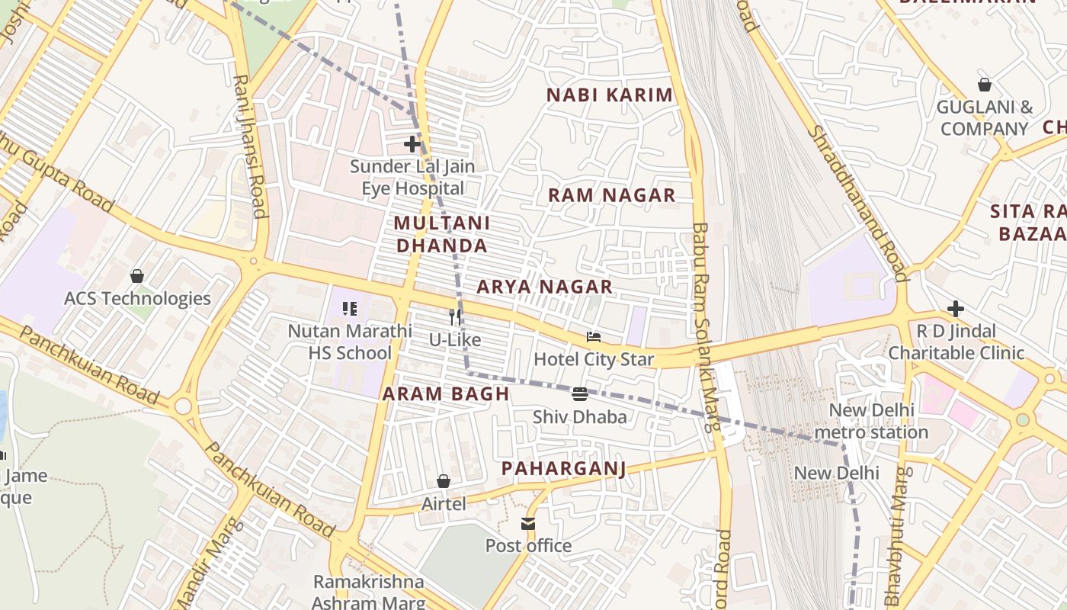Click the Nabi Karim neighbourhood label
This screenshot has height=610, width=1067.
click(x=610, y=95)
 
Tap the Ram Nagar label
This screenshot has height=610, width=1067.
click(x=612, y=195)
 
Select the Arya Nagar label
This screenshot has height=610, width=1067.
click(x=544, y=287)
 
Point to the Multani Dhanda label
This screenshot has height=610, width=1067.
click(x=441, y=234)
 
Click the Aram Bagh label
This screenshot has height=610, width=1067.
click(x=446, y=394)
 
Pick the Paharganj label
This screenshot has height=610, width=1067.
click(x=563, y=468)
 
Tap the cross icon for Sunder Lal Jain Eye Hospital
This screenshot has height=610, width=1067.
click(x=412, y=143)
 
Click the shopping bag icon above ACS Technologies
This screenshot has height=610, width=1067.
click(x=137, y=275)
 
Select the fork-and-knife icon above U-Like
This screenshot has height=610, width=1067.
click(x=455, y=316)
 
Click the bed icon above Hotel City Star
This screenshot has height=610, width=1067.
click(x=594, y=337)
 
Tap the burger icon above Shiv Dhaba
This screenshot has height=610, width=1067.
click(x=580, y=394)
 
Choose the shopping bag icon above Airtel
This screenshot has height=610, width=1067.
click(x=444, y=481)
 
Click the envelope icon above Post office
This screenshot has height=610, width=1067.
click(x=528, y=523)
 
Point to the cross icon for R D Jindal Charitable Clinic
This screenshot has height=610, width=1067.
click(x=956, y=309)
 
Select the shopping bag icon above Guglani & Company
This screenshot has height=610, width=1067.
click(x=985, y=85)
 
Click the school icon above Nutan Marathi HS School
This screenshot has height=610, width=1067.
click(x=350, y=309)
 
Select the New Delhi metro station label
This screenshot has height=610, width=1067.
click(x=870, y=421)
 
